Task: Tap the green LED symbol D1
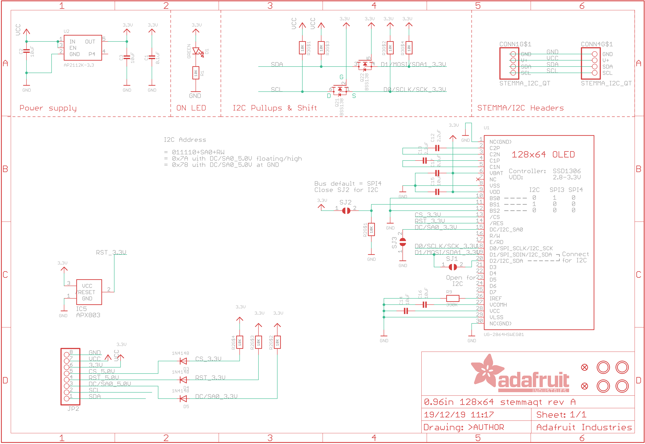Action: pos(196,51)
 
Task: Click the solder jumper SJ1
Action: pos(453,267)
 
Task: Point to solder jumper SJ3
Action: pos(403,242)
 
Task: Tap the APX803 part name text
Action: pos(88,315)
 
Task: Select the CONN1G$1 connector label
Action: pos(515,44)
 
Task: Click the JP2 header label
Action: pos(73,409)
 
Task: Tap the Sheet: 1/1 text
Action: pos(561,415)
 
